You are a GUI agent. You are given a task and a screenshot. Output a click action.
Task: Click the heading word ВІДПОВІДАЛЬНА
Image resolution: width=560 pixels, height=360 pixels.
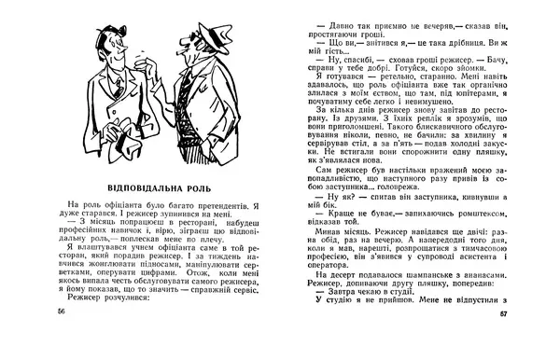pyautogui.click(x=138, y=176)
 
